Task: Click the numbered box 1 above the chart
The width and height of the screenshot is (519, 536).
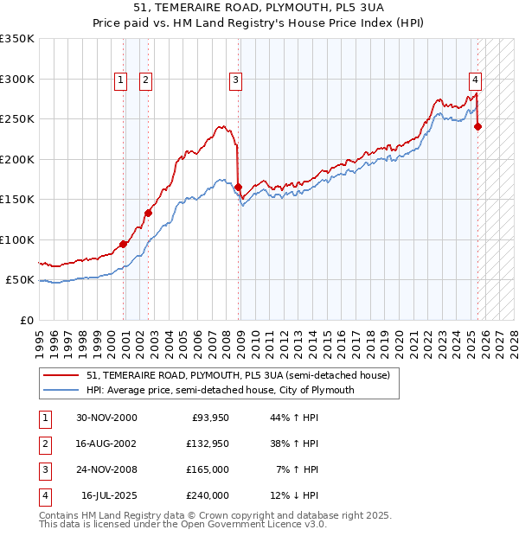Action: coord(120,80)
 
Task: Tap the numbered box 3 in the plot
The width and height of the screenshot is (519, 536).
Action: coord(235,80)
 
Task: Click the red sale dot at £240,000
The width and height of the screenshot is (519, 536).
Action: coord(477,126)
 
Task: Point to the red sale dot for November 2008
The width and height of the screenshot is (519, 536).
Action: coord(238,187)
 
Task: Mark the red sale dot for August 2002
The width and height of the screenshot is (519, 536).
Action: coord(148,213)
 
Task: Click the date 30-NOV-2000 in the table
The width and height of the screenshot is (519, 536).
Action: coord(106,418)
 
